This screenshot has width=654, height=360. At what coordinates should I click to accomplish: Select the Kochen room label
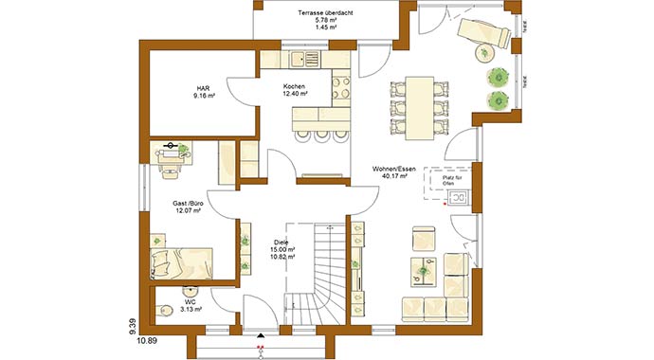pyautogui.click(x=294, y=88)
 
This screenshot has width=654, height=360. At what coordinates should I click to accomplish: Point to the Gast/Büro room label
pyautogui.click(x=189, y=205)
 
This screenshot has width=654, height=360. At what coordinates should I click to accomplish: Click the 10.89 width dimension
pyautogui.click(x=146, y=338)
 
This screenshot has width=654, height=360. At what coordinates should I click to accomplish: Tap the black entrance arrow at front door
pyautogui.click(x=259, y=333)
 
